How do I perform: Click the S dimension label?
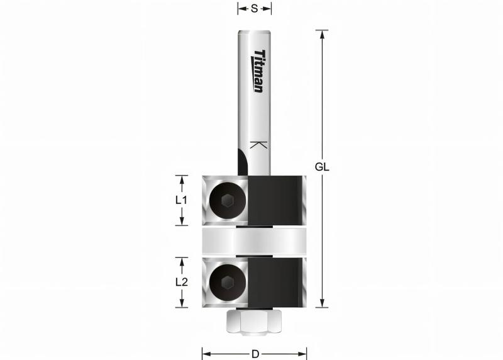(x=254, y=9)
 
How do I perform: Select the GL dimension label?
(x=323, y=168)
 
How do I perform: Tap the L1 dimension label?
(x=182, y=200)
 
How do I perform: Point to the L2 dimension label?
(x=182, y=282)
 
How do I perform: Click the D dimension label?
(x=254, y=353)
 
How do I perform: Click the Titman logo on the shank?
(x=258, y=71)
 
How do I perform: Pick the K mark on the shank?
(x=258, y=145)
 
